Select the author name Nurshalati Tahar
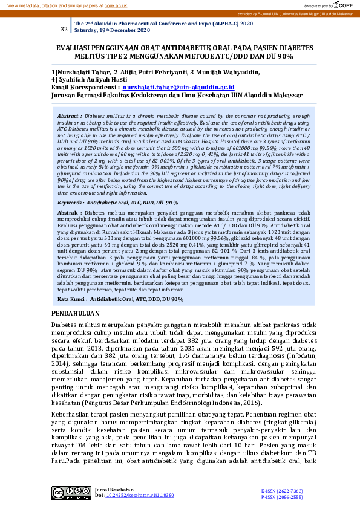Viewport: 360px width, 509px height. coord(83,72)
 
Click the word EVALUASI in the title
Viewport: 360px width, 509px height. coord(79,47)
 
